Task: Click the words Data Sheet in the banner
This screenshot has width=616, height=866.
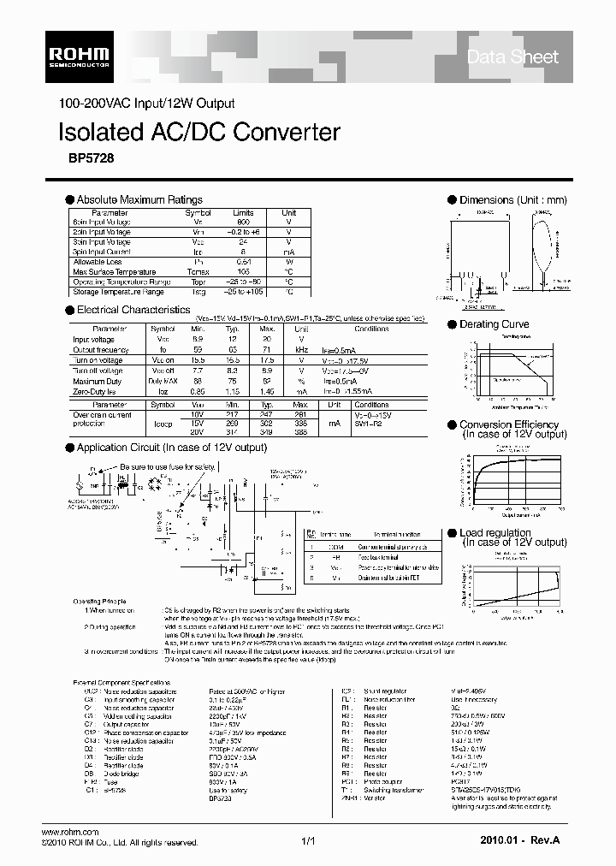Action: click(512, 57)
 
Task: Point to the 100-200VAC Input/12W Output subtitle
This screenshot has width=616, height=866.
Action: click(146, 104)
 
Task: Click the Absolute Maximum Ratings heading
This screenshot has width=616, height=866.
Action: click(139, 199)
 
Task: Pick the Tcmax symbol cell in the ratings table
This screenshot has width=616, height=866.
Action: click(198, 270)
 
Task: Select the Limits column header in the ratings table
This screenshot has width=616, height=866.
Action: click(244, 212)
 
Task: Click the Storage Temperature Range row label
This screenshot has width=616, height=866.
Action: click(118, 292)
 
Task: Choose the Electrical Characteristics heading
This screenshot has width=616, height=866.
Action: click(133, 310)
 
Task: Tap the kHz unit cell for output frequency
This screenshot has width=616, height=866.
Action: click(301, 350)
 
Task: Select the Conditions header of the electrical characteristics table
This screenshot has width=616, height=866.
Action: click(371, 329)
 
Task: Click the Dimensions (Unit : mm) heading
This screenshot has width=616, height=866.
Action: click(512, 200)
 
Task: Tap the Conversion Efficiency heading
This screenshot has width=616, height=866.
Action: click(509, 424)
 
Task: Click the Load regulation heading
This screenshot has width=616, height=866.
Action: click(495, 533)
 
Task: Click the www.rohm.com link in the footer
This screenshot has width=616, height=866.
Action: click(71, 832)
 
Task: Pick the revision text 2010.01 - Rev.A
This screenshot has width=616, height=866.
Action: click(520, 842)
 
